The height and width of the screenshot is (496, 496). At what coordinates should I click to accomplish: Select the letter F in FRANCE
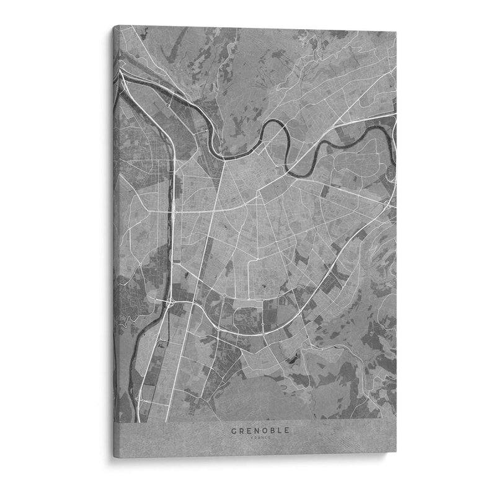coord(246,437)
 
